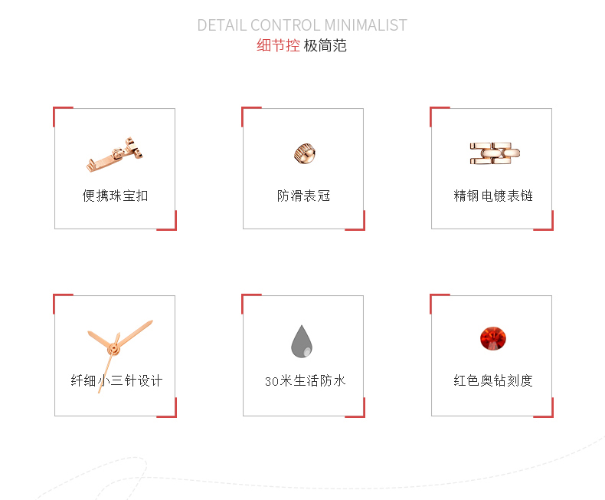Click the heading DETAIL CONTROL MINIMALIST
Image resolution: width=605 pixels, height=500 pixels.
point(302,25)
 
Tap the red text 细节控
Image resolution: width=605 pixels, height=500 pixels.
point(278,46)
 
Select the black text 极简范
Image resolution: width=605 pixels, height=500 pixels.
point(325,46)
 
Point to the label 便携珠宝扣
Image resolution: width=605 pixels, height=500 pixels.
point(116,196)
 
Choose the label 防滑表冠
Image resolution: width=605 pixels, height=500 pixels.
point(303,196)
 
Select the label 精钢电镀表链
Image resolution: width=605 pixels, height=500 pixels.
point(493,196)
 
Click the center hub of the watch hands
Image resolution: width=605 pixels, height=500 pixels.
point(113,350)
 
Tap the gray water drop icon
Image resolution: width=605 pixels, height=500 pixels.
point(302,341)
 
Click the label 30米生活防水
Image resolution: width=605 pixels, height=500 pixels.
point(305,380)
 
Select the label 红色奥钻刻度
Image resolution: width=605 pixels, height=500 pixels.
point(493,380)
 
